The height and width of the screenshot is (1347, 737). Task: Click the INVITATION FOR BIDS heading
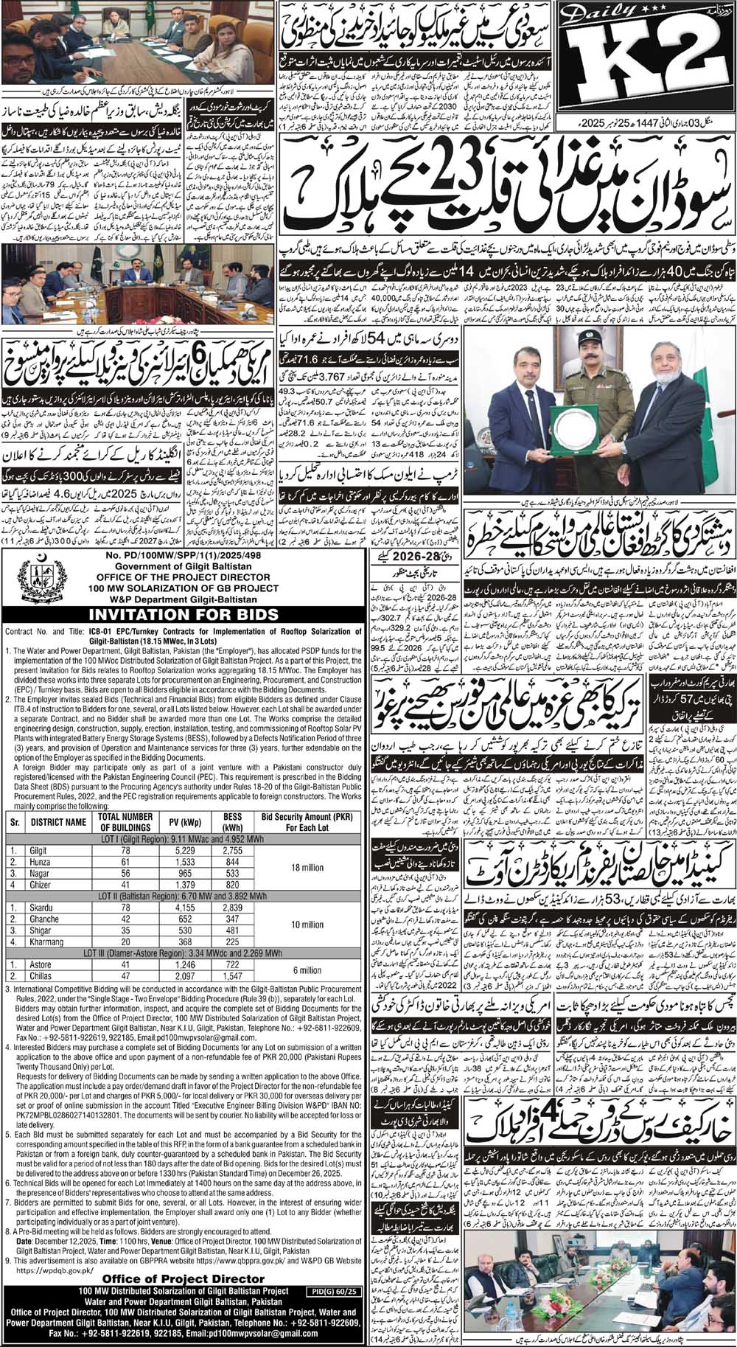click(182, 613)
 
